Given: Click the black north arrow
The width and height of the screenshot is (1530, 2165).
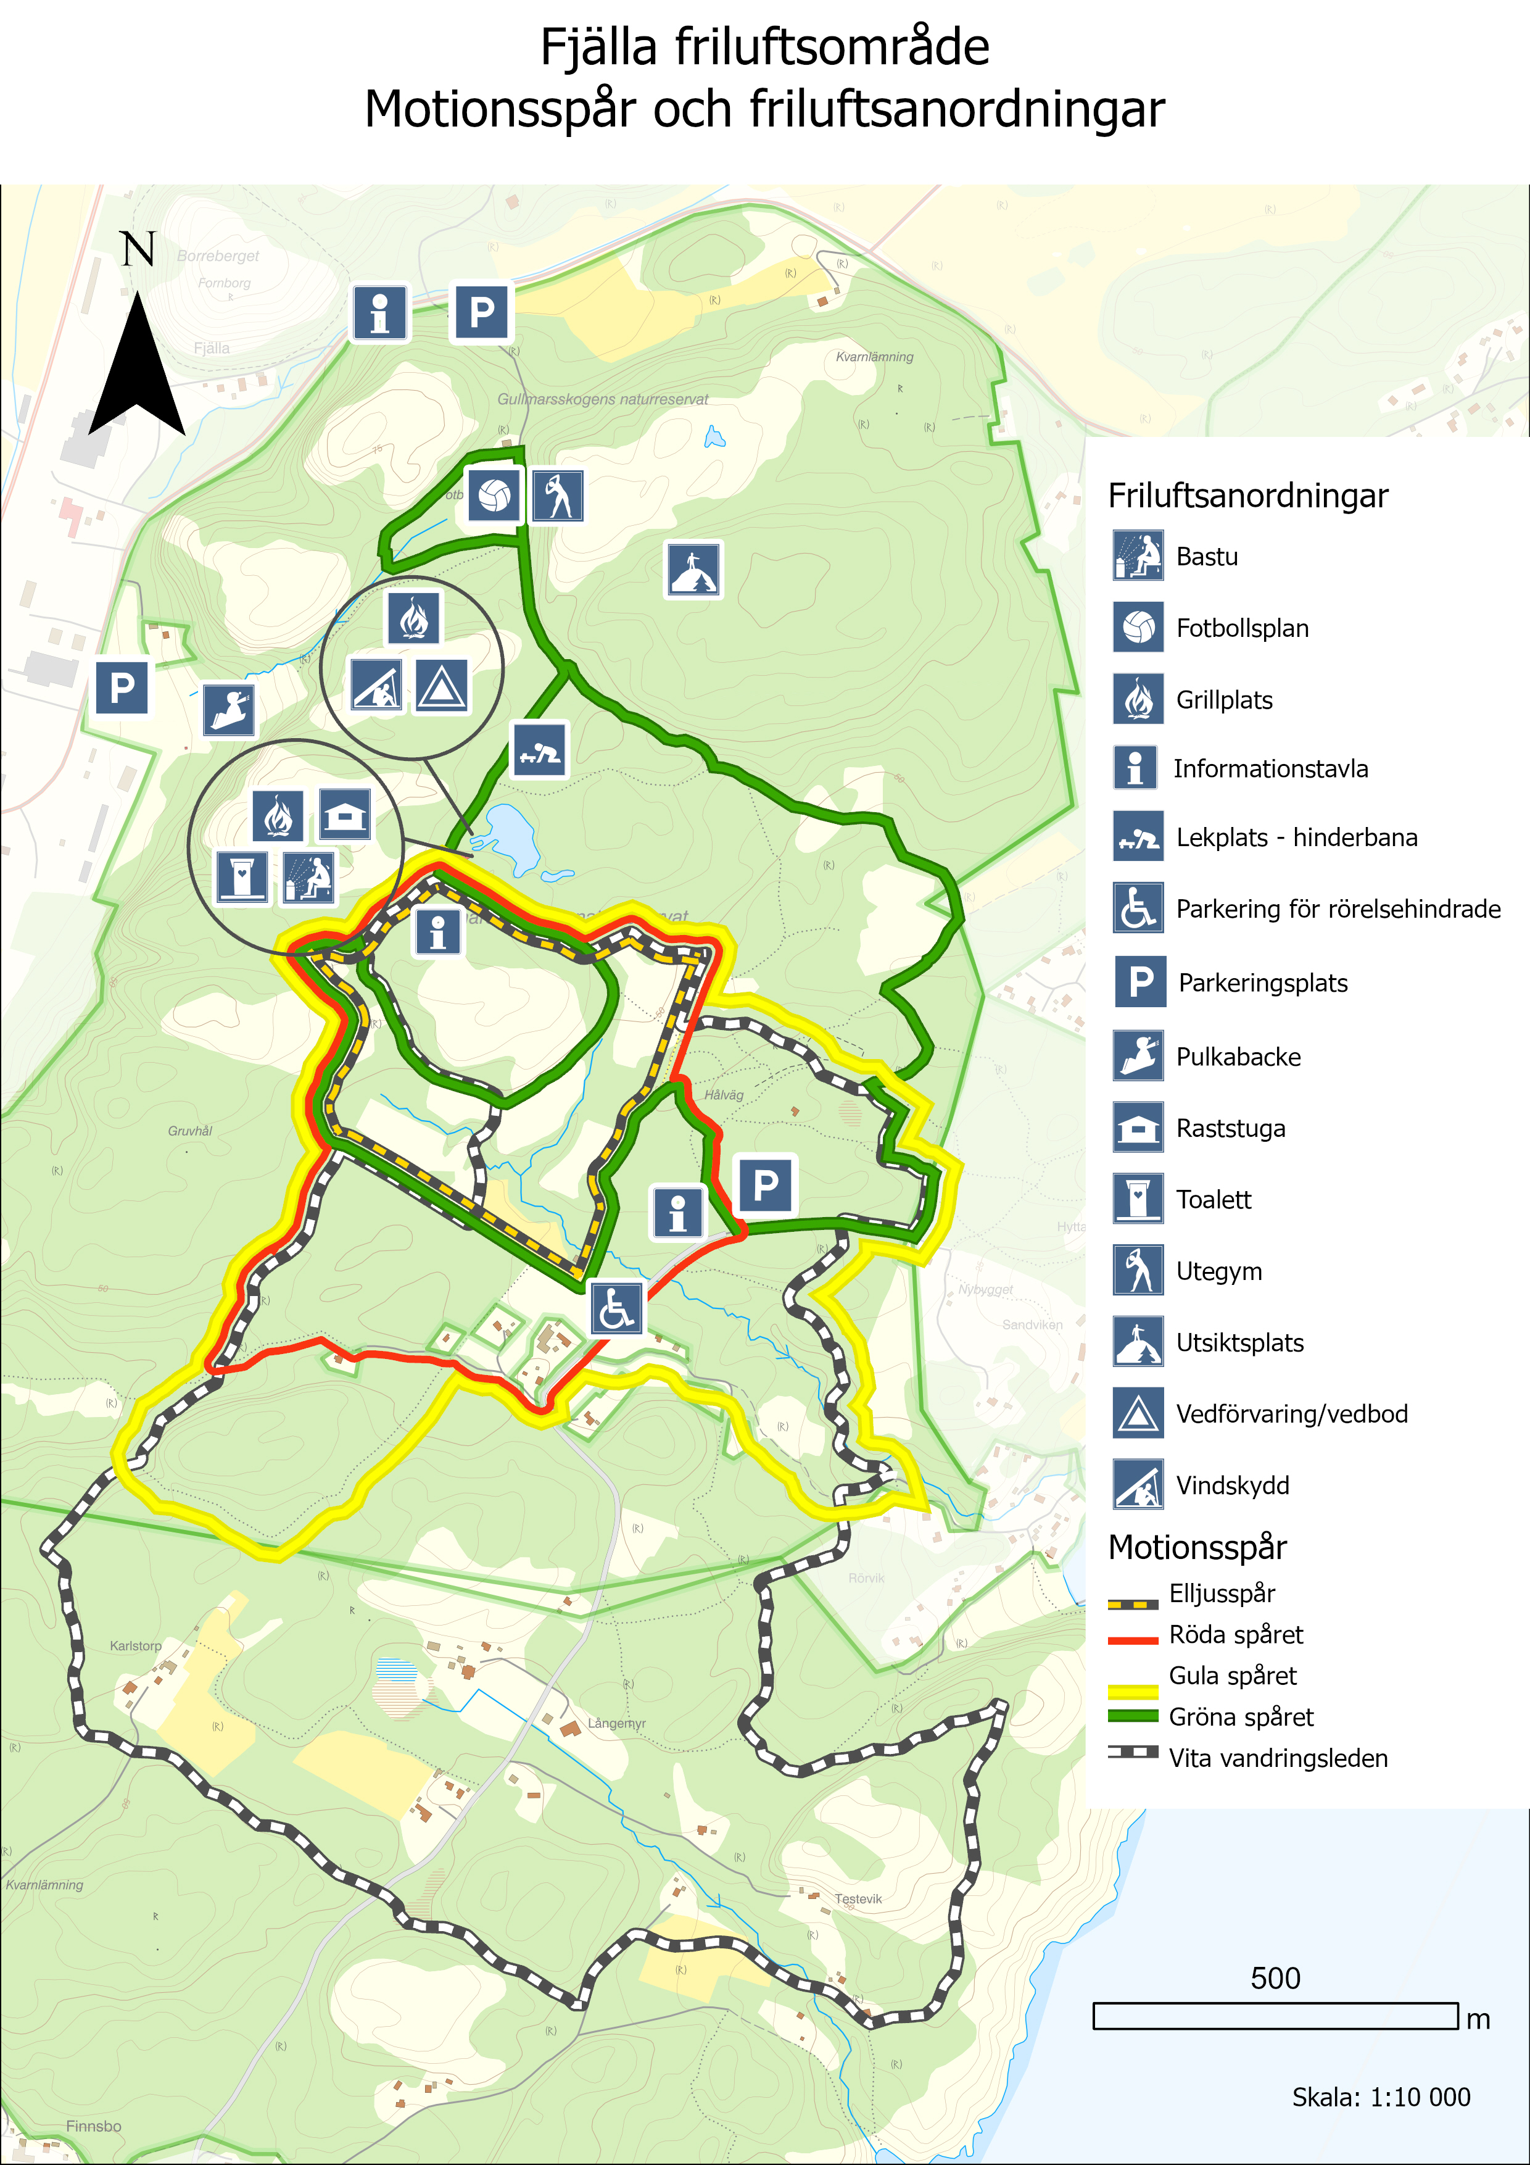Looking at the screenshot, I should tap(138, 368).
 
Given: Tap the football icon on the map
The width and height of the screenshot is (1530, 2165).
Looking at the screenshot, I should tap(494, 495).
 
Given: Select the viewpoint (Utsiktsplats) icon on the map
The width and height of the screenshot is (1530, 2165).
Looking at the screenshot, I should tap(694, 570).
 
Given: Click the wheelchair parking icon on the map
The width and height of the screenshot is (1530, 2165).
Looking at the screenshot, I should tap(616, 1308).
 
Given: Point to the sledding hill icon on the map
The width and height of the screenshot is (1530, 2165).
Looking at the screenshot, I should tap(229, 709).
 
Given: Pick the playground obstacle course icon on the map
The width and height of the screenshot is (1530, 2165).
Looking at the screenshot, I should tap(539, 750).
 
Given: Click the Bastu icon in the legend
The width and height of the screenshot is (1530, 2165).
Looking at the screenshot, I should tap(1137, 555).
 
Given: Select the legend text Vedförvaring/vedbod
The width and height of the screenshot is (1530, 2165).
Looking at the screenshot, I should tap(1291, 1413).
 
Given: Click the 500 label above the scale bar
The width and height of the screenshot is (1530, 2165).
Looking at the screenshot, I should tap(1275, 1977).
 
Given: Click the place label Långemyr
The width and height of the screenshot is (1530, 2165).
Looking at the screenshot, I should tap(616, 1722).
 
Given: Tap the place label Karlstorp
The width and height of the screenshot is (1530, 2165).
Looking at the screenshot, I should tap(136, 1645).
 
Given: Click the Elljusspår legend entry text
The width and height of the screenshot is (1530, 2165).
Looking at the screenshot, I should tap(1221, 1594).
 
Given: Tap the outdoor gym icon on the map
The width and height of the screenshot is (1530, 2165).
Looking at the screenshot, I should tap(558, 495).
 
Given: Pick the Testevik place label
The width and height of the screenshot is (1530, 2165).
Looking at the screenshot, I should tap(858, 1898).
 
